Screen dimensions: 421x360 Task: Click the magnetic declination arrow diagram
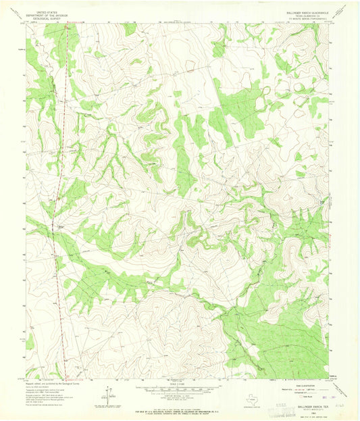pyautogui.click(x=108, y=391)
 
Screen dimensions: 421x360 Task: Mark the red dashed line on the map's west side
pyautogui.click(x=59, y=203)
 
